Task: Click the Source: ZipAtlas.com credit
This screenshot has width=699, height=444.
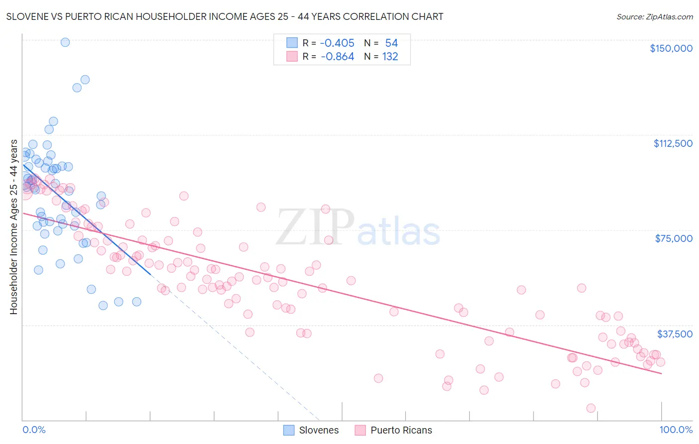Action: (x=654, y=16)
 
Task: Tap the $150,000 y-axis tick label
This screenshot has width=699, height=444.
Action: (x=671, y=48)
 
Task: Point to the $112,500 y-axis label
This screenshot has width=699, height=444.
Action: (x=673, y=143)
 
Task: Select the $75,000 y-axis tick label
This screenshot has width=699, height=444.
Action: (x=674, y=238)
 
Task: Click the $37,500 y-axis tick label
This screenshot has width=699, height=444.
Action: (x=675, y=334)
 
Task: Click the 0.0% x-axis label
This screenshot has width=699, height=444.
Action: (x=34, y=430)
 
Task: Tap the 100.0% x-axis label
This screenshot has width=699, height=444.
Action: (x=676, y=430)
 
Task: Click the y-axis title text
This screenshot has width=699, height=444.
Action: (x=13, y=227)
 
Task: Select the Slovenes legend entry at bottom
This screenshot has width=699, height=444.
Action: (x=311, y=430)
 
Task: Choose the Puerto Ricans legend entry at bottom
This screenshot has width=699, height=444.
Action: (x=393, y=430)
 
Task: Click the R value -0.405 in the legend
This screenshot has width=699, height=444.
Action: (x=337, y=43)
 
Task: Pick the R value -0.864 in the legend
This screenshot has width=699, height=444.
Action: (x=337, y=57)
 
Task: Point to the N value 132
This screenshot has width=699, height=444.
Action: (x=390, y=57)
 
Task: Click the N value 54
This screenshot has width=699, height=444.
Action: (x=392, y=43)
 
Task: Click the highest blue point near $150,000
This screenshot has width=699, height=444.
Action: (x=65, y=42)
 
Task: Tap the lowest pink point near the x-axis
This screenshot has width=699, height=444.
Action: (x=591, y=408)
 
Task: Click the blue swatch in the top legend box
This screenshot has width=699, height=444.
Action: (x=292, y=43)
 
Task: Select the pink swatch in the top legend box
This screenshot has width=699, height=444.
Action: (x=292, y=57)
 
